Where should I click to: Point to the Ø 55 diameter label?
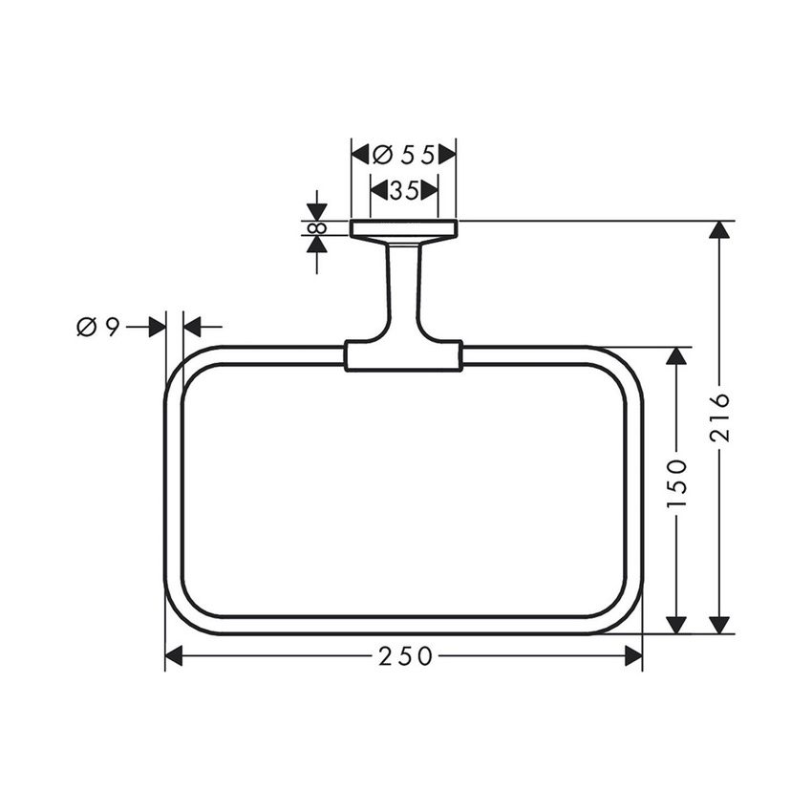[403, 153]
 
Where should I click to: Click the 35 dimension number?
[404, 190]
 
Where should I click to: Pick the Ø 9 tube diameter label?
[97, 327]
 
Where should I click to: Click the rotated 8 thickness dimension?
[317, 228]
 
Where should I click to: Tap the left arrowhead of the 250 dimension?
[174, 656]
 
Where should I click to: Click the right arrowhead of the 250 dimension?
[633, 656]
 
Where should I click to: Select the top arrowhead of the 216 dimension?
[720, 231]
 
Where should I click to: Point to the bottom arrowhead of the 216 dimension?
[720, 624]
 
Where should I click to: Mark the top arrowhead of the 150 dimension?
[675, 356]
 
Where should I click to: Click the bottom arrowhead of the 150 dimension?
[675, 624]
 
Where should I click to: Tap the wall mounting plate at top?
[404, 228]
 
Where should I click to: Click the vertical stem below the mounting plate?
[403, 287]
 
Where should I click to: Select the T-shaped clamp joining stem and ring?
[403, 354]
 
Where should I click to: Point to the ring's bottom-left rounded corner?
[182, 615]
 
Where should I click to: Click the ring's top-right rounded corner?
[625, 364]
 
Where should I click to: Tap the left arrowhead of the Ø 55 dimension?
[360, 153]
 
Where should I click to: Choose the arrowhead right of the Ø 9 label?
[157, 327]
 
